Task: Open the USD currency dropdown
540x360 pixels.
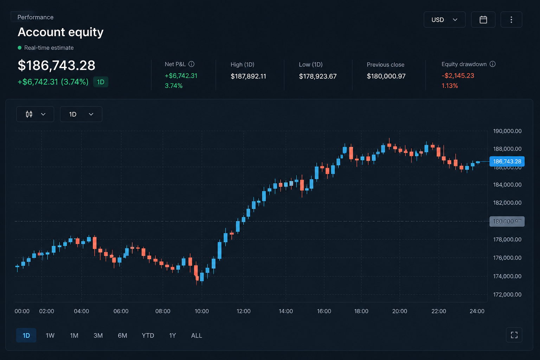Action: point(444,20)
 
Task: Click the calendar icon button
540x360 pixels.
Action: point(483,20)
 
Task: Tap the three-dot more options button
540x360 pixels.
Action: point(511,20)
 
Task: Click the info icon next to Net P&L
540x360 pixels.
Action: point(191,64)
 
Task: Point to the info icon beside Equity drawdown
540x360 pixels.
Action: point(493,64)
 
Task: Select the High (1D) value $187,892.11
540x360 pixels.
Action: point(248,76)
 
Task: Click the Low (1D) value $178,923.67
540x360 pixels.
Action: point(318,76)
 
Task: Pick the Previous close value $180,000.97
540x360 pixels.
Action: point(386,76)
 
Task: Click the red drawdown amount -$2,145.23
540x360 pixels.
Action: point(458,76)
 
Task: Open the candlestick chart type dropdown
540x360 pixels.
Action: point(35,114)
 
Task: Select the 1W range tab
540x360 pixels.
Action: point(50,335)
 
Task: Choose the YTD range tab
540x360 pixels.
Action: point(148,335)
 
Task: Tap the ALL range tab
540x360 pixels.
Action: point(197,335)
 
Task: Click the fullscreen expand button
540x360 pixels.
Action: point(514,335)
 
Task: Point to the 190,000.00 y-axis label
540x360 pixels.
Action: point(507,131)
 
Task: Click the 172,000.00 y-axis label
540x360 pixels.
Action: point(507,294)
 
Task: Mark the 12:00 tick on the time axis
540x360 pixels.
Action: point(244,311)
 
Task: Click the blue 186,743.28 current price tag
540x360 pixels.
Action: point(507,161)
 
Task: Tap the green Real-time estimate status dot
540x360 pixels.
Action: point(20,48)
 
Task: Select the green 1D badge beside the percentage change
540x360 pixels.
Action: point(101,82)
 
